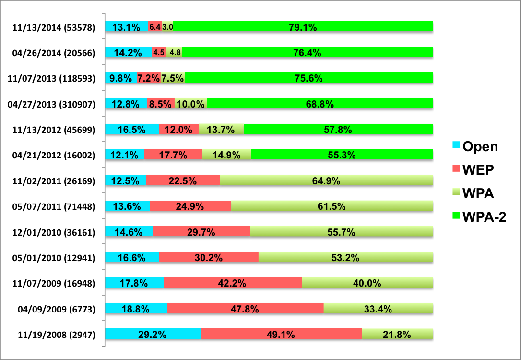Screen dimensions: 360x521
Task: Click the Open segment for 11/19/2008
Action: (153, 335)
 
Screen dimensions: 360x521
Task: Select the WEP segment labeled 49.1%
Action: (281, 335)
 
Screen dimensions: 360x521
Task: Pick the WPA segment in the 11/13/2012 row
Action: (221, 130)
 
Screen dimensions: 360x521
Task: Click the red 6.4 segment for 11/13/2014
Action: (154, 27)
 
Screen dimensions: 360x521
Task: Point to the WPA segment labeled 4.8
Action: (175, 53)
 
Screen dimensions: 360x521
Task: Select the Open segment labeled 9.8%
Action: (121, 78)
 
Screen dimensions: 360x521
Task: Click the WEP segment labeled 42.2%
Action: (233, 283)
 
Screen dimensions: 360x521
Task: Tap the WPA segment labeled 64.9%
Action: (326, 181)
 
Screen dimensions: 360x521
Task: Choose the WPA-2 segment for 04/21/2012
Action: (342, 155)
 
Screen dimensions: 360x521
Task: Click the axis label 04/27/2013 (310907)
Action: (54, 104)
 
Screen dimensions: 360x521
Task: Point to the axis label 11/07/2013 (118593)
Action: (54, 78)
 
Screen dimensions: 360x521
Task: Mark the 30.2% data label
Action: (208, 258)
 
